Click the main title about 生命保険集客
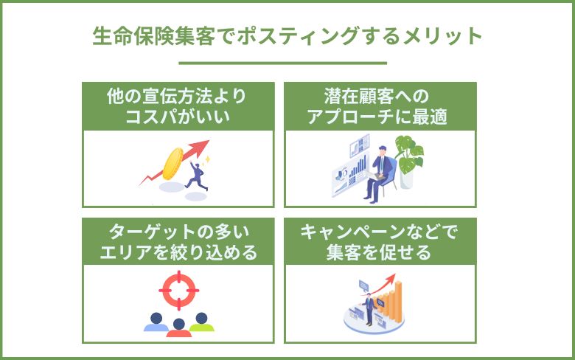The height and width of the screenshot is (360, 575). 287,35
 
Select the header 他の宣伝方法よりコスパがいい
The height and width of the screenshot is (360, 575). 178,106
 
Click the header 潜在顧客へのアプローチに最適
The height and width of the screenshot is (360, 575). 380,106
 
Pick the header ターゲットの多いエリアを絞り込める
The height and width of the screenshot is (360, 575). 178,243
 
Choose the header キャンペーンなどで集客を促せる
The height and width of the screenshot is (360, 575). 380,243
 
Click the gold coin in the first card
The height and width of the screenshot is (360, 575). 174,164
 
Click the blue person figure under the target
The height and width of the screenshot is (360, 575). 155,322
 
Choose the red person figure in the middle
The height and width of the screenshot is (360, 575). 178,326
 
